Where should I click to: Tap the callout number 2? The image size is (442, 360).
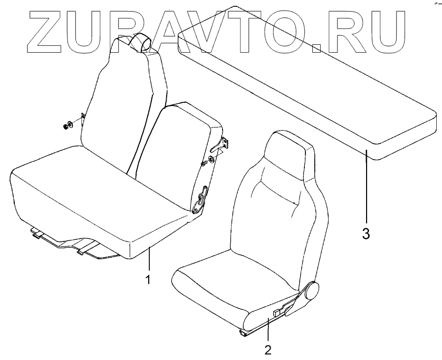click(268, 349)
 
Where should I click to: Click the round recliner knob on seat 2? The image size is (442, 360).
click(312, 290)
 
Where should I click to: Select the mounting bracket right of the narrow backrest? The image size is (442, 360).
click(226, 144)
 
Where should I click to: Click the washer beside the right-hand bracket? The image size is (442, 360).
click(212, 158)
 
